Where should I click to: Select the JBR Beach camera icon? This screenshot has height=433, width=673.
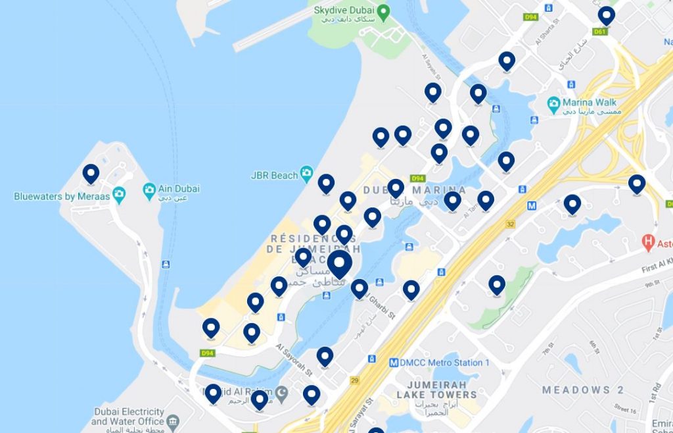pos(306,174)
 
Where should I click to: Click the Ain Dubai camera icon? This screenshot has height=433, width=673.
pos(149,190)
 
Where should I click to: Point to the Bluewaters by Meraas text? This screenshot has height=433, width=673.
pos(62,196)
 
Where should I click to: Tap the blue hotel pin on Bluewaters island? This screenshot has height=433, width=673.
pos(91,174)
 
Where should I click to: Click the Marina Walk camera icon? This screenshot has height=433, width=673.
pos(553,103)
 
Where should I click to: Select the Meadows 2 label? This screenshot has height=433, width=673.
pos(582,390)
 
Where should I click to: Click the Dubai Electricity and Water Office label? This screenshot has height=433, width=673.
pos(128,417)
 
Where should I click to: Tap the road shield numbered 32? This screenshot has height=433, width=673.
pos(509,224)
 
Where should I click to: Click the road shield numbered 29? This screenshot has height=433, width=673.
pos(355,380)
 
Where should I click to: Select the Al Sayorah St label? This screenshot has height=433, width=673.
pos(294,359)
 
